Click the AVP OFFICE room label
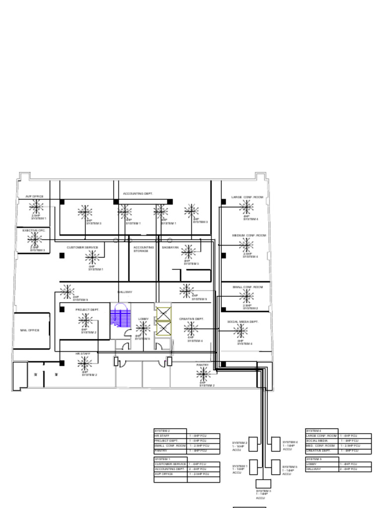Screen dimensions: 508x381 pos(35,196)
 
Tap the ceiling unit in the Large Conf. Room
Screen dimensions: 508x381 pos(246,207)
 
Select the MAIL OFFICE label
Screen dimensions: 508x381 pos(30,330)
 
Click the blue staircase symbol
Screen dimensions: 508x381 pos(120,317)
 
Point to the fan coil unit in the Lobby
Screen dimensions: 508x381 pos(143,327)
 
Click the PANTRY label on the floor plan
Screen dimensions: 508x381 pos(202,365)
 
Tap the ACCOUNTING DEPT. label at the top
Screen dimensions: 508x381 pos(138,193)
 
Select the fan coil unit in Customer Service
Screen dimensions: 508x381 pos(92,257)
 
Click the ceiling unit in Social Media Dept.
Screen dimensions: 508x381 pos(240,331)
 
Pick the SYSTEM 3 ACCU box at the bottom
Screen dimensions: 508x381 pos(263,484)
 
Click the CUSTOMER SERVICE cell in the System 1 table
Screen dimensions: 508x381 pos(170,464)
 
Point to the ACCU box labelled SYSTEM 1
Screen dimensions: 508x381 pos(253,467)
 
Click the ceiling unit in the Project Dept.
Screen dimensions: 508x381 pos(85,320)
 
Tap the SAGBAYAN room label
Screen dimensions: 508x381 pos(170,248)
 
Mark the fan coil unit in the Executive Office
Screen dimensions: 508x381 pos(34,239)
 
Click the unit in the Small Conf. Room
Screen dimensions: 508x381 pos(247,296)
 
